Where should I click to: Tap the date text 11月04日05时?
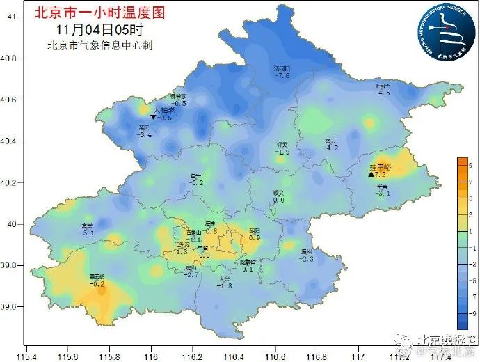[100, 30]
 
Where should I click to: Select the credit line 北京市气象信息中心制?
[99, 46]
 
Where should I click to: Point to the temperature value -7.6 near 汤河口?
[282, 75]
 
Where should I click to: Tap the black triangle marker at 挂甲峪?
[371, 175]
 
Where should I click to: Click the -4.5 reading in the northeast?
[383, 93]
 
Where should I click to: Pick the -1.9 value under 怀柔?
[282, 152]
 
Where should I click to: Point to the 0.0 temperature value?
[278, 200]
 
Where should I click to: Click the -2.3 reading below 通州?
[307, 258]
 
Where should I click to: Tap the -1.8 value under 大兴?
[224, 285]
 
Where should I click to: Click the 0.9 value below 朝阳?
[254, 237]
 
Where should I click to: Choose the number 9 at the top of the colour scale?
[471, 165]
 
